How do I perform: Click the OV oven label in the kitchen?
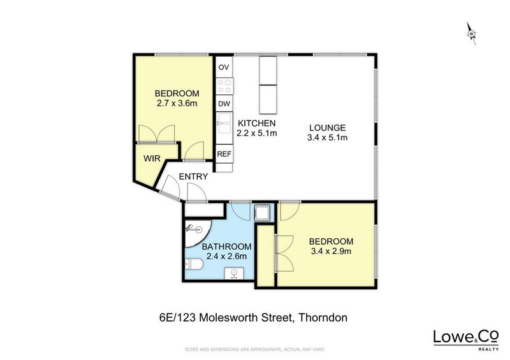click(x=224, y=68)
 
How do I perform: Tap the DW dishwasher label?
click(x=224, y=104)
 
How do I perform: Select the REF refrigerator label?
click(x=224, y=154)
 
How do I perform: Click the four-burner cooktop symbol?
click(x=224, y=86)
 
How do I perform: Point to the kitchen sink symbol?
click(x=224, y=124)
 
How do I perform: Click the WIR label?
click(x=152, y=159)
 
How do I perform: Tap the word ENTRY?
click(x=193, y=176)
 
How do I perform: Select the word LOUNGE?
click(x=327, y=128)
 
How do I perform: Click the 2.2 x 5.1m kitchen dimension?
click(x=257, y=133)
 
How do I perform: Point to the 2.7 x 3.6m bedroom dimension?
click(x=177, y=103)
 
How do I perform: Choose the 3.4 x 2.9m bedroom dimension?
click(x=331, y=251)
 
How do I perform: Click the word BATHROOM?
click(x=226, y=247)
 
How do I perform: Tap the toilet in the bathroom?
click(x=194, y=264)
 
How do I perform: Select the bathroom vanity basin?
click(x=234, y=273)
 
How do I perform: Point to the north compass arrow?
click(x=472, y=34)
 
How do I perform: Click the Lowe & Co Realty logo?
click(x=466, y=340)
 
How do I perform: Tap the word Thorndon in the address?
click(x=323, y=317)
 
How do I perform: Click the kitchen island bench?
click(x=268, y=85)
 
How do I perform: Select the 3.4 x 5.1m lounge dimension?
click(x=327, y=138)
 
